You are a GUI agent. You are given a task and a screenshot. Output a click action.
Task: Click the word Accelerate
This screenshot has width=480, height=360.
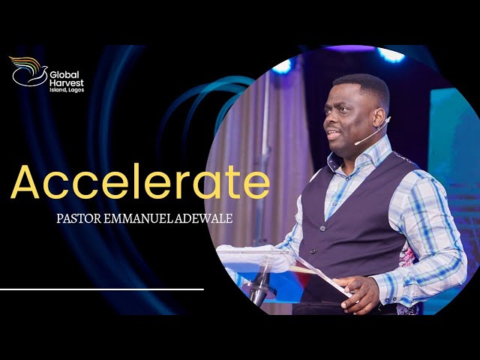139,182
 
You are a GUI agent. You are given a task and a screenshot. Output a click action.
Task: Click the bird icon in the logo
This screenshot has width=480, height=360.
28,72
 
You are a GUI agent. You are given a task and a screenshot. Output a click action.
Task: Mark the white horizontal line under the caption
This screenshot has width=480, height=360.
101,288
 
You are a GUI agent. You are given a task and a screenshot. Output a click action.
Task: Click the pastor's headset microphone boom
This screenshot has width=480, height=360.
370,133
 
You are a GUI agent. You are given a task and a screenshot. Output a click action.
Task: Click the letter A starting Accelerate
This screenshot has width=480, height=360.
26,182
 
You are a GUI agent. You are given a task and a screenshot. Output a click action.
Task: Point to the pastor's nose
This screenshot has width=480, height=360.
327,118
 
